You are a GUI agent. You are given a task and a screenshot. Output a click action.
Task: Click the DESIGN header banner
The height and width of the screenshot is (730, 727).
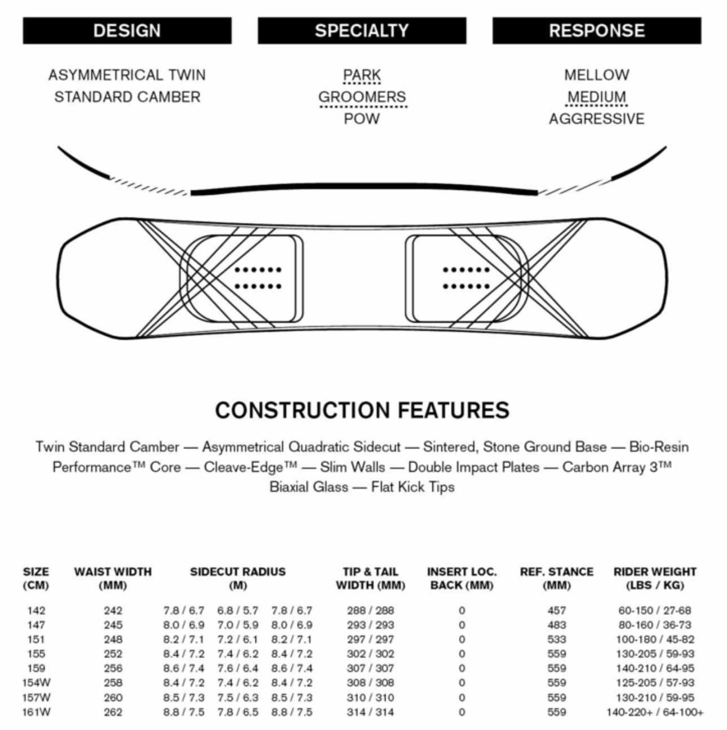point(127,30)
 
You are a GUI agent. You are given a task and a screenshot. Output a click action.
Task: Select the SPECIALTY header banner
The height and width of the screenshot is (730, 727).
point(362,30)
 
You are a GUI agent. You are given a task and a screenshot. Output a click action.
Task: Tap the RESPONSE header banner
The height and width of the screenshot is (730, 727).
point(597,30)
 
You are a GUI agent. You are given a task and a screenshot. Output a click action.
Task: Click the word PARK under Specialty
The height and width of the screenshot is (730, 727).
point(362,75)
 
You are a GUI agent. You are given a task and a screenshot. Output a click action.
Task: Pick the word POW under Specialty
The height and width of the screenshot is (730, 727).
point(362,119)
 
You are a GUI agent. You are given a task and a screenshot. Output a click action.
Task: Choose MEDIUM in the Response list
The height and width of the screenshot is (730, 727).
point(597,97)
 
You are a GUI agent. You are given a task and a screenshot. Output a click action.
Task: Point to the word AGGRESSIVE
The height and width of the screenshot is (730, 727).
point(597,119)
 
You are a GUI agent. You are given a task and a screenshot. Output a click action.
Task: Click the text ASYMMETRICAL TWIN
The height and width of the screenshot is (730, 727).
point(127,75)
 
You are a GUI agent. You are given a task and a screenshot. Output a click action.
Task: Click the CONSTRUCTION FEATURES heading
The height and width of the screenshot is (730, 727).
point(362,410)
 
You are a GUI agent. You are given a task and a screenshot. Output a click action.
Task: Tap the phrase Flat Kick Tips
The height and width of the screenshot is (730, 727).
point(413,487)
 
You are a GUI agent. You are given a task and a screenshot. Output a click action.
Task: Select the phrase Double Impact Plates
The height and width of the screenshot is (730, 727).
point(473,467)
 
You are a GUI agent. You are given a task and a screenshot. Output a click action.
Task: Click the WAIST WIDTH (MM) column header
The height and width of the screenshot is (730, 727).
point(113,578)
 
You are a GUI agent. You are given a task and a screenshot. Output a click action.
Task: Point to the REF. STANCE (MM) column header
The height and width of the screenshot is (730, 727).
point(557,578)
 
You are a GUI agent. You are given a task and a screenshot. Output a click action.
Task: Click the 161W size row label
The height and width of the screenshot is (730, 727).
point(36,712)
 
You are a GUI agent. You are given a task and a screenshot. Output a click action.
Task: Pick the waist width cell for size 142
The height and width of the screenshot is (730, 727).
point(113,611)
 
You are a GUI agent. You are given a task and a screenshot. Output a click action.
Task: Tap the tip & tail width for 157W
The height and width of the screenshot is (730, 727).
point(370,697)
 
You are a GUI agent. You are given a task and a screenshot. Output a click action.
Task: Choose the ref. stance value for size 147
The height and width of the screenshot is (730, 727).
point(557,625)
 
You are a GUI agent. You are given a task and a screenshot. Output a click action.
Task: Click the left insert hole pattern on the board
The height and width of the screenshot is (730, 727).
point(258,278)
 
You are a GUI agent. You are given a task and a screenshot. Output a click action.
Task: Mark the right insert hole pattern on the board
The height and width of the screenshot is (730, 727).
point(466,278)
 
